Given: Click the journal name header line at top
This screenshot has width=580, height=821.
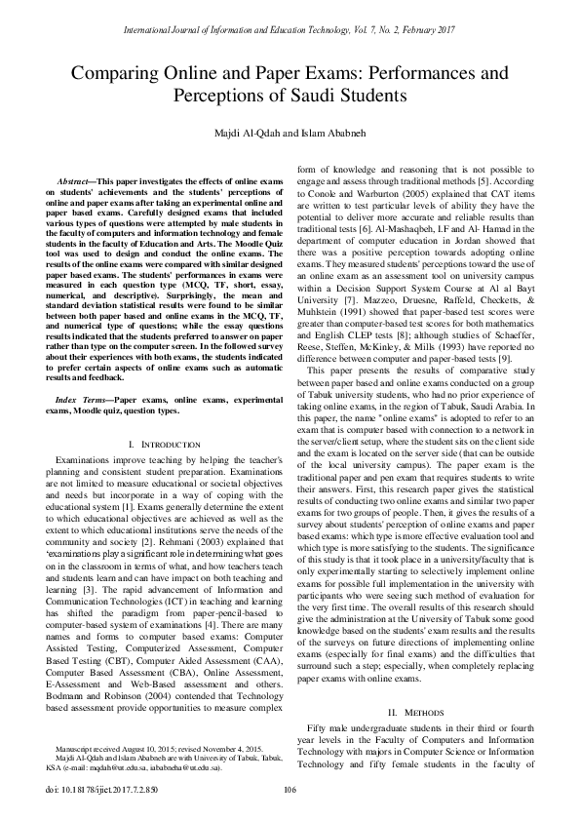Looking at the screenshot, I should [290, 32].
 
